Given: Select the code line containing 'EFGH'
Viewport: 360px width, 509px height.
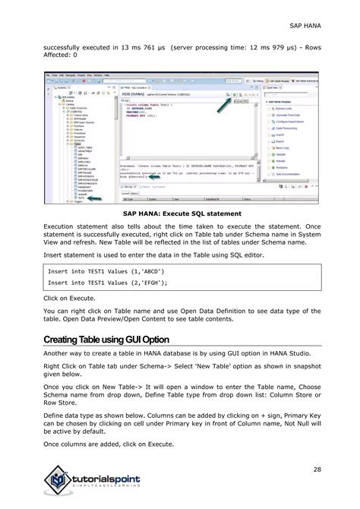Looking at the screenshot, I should tap(96, 283).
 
